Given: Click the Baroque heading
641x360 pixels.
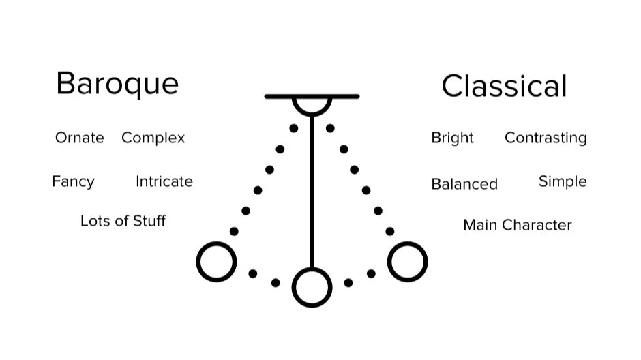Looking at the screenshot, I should pos(117,84).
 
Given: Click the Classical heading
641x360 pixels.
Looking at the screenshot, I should pos(504,87).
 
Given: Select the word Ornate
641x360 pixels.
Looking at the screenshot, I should pos(80,138).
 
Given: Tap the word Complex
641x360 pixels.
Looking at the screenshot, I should pos(153,138).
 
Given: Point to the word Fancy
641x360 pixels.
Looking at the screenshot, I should pos(73,182).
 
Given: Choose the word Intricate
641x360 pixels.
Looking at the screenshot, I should pos(164,181).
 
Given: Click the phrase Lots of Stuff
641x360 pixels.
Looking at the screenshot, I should pos(123,221).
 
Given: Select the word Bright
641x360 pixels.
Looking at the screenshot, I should pos(452,138).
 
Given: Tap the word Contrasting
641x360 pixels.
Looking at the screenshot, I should pos(546,138).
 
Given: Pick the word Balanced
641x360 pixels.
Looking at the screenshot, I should pos(464,184).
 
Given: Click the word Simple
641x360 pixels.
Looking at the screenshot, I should pos(563,182).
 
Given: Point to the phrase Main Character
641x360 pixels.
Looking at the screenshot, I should pos(517,225).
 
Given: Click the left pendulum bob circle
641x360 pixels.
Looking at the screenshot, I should pos(217,262).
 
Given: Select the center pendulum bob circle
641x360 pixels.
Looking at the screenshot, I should pos(312,287).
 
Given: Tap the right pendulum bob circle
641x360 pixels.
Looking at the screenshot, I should pos(407,262).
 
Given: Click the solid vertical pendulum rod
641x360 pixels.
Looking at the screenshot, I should pos(312,191).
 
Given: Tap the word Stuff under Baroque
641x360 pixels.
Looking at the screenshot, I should pos(149,221).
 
